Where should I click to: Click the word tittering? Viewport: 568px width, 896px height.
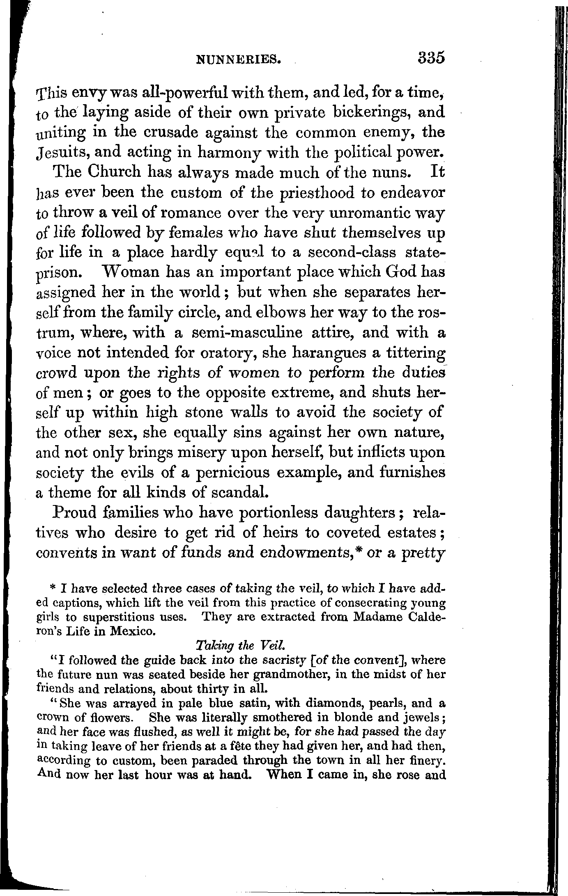407,353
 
